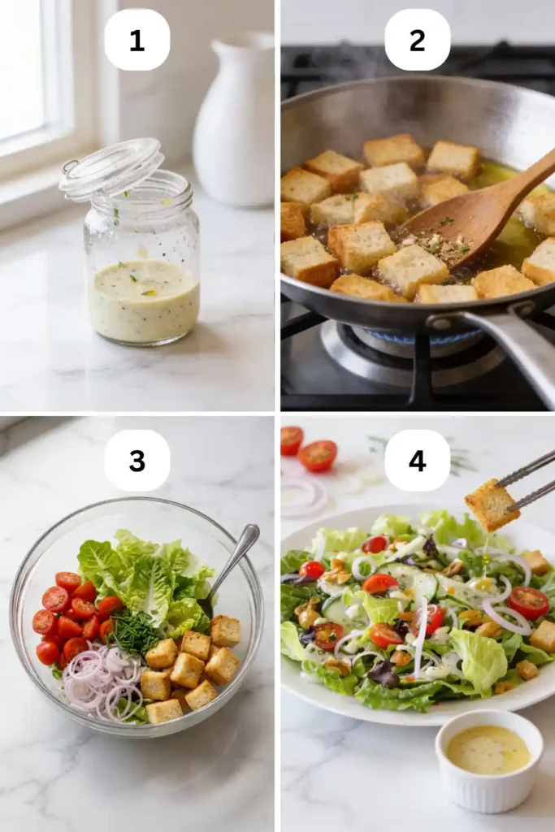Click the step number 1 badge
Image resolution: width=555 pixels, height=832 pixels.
pos(137,40)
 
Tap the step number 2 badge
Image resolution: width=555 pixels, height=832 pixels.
pos(417,40)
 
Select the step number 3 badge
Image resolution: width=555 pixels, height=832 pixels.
pos(137,460)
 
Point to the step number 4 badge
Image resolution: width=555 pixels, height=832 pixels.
pos(417,460)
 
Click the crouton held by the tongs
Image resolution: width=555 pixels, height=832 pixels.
pos(491,505)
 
